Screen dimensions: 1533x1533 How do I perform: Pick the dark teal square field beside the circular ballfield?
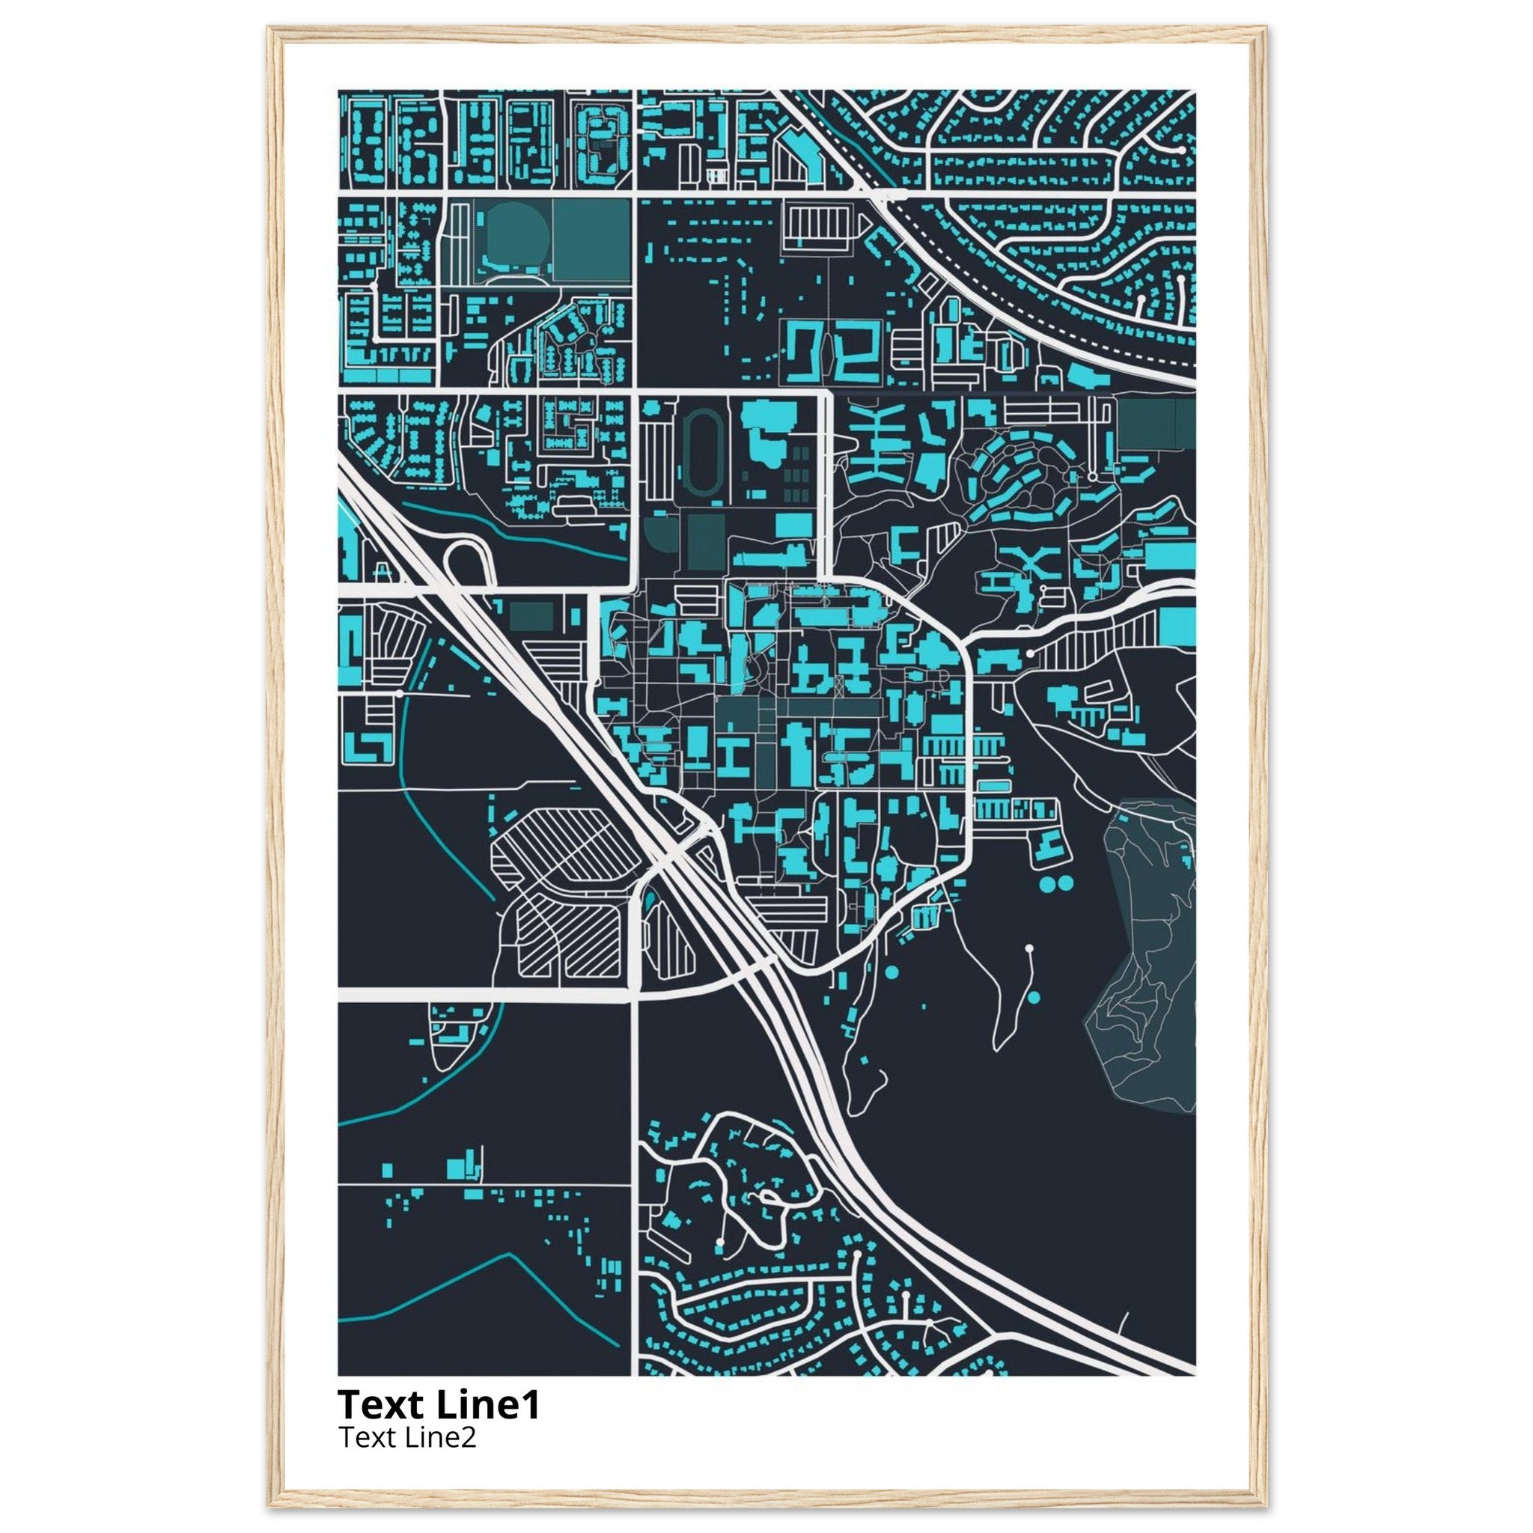pos(591,240)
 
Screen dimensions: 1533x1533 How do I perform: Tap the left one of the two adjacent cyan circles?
pos(1049,883)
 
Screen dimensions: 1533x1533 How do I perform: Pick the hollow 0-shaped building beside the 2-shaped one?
pos(805,351)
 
